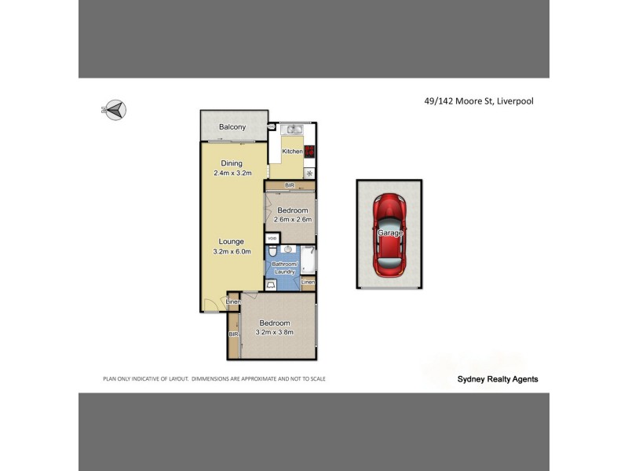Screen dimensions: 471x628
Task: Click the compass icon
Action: [x=115, y=109]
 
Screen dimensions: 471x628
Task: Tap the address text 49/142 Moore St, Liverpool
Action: [x=473, y=100]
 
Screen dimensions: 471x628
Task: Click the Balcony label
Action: [x=232, y=127]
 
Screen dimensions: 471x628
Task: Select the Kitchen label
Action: [x=292, y=152]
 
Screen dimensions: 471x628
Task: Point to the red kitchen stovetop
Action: [x=309, y=152]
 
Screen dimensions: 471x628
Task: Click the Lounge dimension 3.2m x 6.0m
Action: [x=232, y=251]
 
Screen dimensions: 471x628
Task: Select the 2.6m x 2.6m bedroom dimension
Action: [x=294, y=220]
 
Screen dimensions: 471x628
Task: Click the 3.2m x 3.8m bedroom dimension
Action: [x=275, y=333]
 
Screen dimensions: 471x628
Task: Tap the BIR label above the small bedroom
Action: [x=290, y=185]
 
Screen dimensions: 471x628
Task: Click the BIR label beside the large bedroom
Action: [x=233, y=334]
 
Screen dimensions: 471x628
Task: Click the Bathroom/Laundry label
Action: [x=283, y=268]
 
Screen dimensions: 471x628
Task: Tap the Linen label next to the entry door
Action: [x=232, y=302]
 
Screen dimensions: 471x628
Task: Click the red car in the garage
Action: [x=390, y=234]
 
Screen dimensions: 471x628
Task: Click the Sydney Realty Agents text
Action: [x=498, y=378]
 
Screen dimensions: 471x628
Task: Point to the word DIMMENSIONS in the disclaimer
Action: [x=220, y=378]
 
